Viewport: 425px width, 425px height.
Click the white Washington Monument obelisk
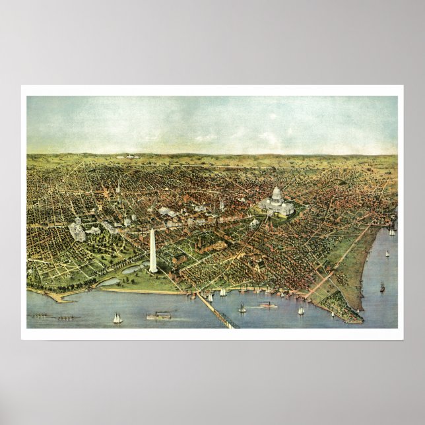153,251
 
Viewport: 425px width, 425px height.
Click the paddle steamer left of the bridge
158,315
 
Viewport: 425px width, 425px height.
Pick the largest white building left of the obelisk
78,228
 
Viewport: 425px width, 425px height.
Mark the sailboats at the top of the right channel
391,229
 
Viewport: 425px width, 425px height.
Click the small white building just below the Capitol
254,223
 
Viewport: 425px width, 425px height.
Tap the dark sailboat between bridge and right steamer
242,308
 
